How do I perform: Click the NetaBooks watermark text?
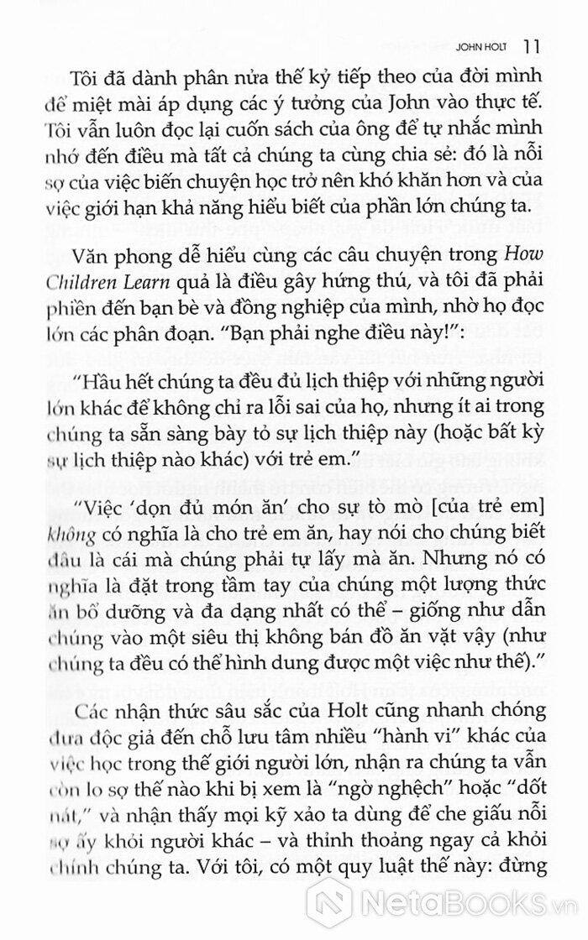click(467, 903)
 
